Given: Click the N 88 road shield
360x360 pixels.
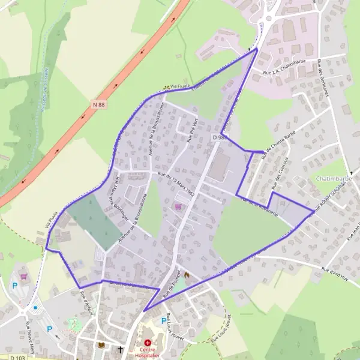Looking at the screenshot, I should [x=99, y=104].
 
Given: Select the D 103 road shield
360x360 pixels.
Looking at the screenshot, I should [x=8, y=358].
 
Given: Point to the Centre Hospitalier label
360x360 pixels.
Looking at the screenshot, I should [x=147, y=352].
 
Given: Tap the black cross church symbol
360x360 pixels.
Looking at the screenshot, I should [x=120, y=349].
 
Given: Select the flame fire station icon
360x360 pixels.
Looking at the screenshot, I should [x=187, y=275].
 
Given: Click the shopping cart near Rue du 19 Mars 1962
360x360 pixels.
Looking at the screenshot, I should [x=178, y=206].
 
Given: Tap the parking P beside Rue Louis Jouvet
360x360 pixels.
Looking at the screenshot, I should [x=162, y=320].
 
